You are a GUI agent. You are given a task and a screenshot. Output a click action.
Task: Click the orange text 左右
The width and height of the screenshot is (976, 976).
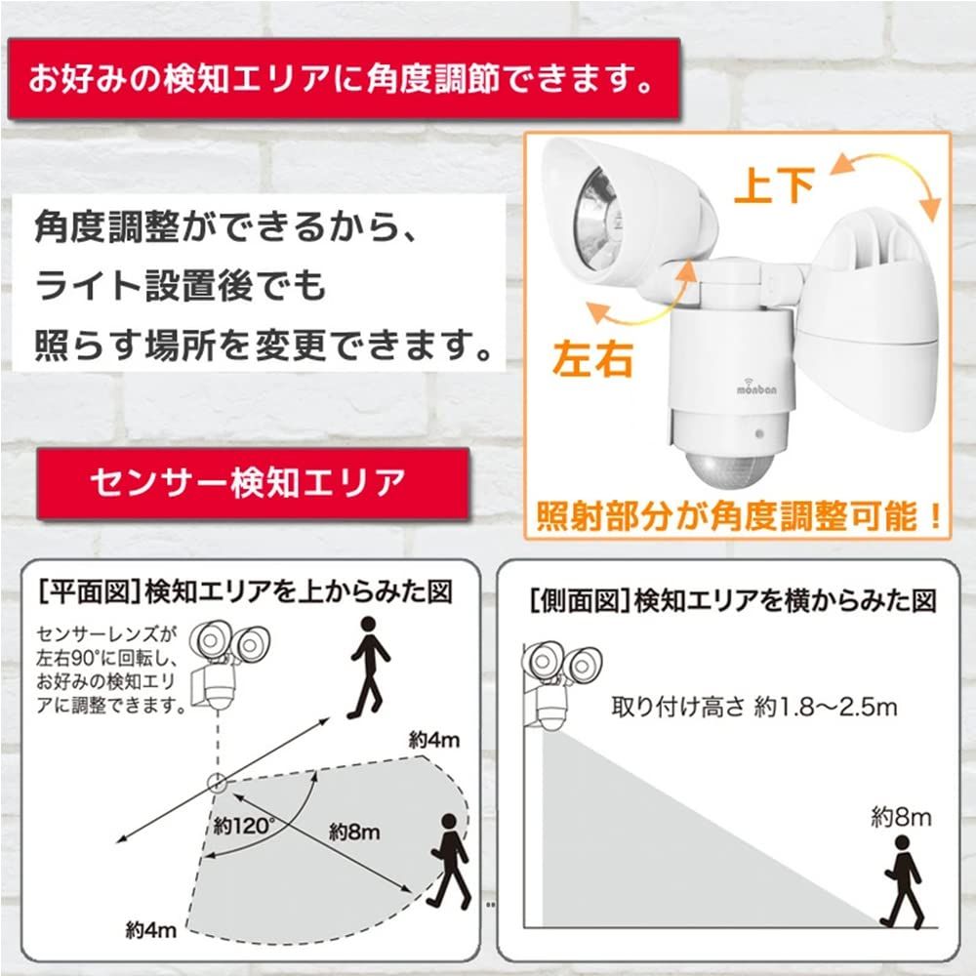pyautogui.click(x=593, y=358)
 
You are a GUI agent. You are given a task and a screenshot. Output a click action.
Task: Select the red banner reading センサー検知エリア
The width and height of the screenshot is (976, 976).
pyautogui.click(x=247, y=481)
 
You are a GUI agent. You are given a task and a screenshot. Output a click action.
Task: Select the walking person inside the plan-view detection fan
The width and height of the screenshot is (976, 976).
pyautogui.click(x=450, y=860)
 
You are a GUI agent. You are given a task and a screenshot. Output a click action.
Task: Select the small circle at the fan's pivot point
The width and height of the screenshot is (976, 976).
pyautogui.click(x=216, y=781)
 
